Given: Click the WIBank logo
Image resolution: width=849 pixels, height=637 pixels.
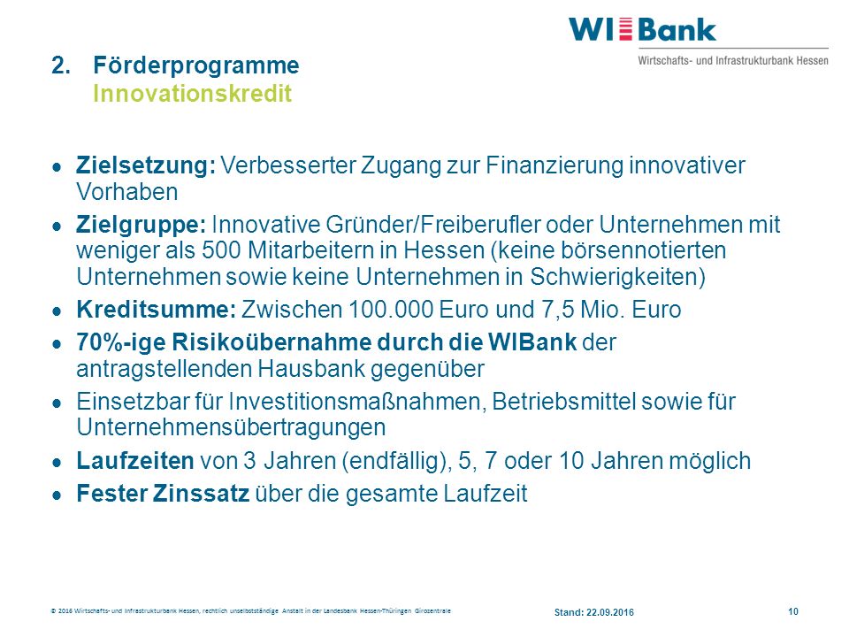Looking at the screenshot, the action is [698, 42].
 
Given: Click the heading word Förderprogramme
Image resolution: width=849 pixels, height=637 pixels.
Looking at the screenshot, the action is [196, 65].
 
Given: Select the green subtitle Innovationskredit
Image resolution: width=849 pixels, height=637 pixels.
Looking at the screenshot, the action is [192, 93].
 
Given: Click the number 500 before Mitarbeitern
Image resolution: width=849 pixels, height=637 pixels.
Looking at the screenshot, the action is [222, 250].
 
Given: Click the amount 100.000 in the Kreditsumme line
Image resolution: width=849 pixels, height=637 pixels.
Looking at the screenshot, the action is [391, 310].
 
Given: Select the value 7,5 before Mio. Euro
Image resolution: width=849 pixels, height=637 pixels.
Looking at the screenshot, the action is [558, 310].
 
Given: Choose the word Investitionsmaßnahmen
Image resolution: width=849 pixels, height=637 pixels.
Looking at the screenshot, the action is [355, 402].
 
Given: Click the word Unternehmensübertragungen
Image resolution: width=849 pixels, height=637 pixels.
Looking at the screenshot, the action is [231, 427].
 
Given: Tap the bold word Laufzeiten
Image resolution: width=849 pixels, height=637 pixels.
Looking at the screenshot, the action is [135, 461].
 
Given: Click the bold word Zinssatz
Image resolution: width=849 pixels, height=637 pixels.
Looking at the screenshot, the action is [201, 494].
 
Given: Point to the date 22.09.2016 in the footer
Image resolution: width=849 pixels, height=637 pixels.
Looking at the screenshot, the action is [610, 612].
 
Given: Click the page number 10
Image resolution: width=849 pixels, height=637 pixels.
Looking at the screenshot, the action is [793, 611].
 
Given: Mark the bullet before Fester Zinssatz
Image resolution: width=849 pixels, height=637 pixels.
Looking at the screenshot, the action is [57, 495].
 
